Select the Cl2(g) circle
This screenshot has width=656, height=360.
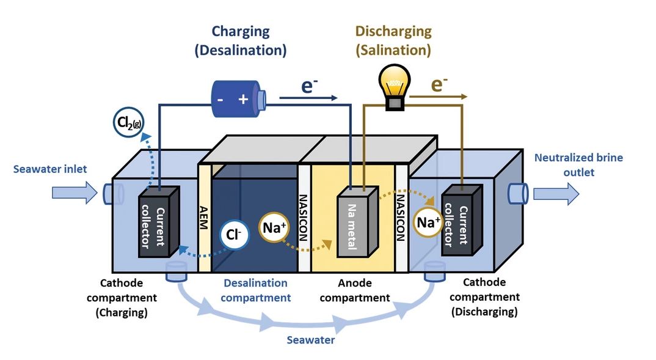click(128, 123)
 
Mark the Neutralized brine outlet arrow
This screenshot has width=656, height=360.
click(555, 193)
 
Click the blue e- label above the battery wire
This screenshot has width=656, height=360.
click(310, 86)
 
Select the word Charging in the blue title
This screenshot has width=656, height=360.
click(240, 31)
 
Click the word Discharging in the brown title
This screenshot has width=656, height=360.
click(393, 31)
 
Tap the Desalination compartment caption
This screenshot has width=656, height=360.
click(255, 290)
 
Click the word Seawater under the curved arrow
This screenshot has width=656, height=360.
click(312, 340)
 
